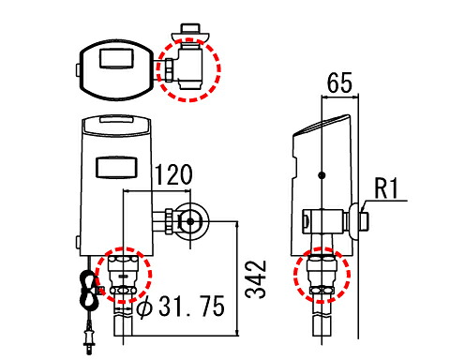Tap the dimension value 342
click(x=256, y=279)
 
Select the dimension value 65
click(x=339, y=82)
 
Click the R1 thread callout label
click(x=386, y=188)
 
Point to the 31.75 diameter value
click(x=191, y=307)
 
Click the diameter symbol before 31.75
click(x=145, y=307)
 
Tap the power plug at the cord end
click(x=90, y=339)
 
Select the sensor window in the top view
click(x=115, y=58)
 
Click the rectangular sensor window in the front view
click(x=116, y=167)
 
